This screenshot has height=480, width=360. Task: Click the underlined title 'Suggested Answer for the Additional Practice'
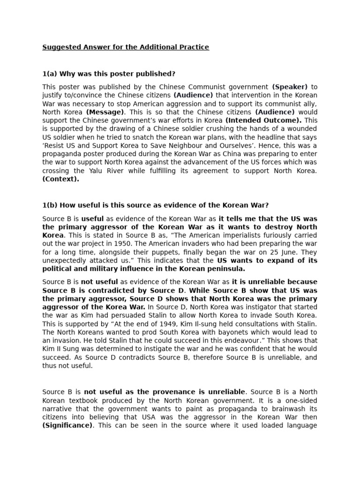(x=126, y=47)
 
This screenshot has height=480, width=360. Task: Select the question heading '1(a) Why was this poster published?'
(x=109, y=74)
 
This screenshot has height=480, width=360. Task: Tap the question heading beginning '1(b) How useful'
(x=155, y=205)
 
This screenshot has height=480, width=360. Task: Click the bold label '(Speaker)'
(x=290, y=87)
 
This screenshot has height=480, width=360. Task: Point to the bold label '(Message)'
(x=105, y=112)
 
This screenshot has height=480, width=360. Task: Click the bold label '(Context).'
(x=60, y=179)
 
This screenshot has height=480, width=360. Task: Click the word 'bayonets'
(x=213, y=332)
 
